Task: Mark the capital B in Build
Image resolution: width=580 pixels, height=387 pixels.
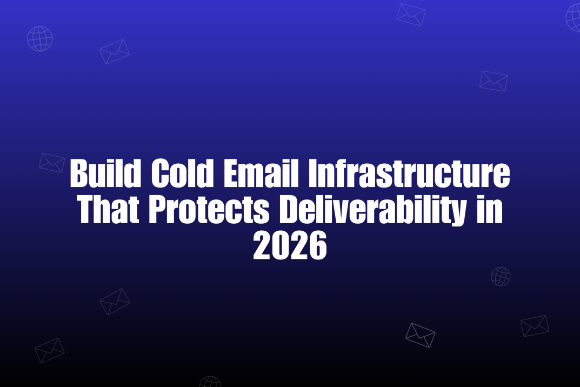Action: point(79,174)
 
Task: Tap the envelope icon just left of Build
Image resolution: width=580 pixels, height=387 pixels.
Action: point(52,162)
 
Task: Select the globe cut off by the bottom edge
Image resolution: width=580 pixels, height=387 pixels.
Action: point(210,382)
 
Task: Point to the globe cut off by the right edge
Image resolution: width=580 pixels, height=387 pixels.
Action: point(574,18)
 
